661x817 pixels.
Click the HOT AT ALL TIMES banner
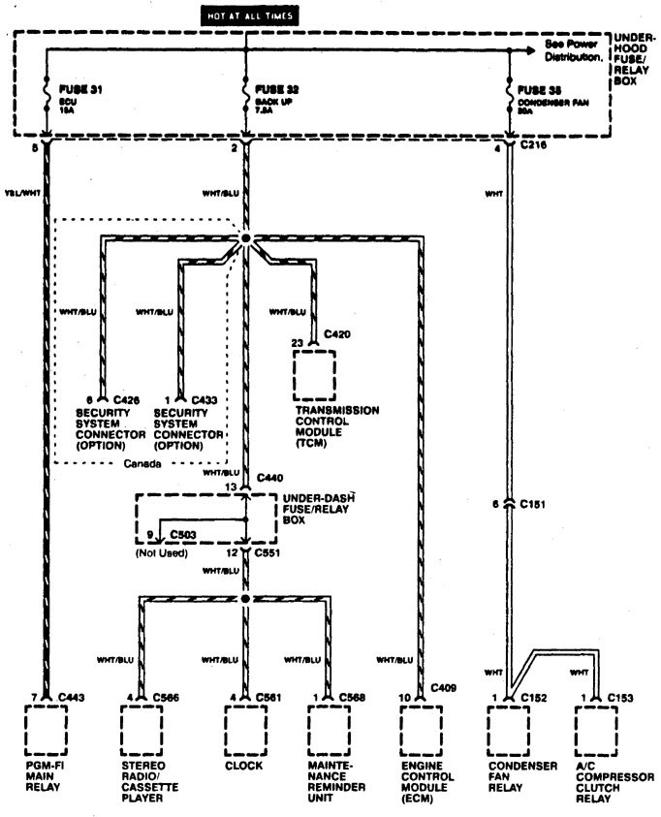point(248,16)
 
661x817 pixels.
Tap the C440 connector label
point(271,479)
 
